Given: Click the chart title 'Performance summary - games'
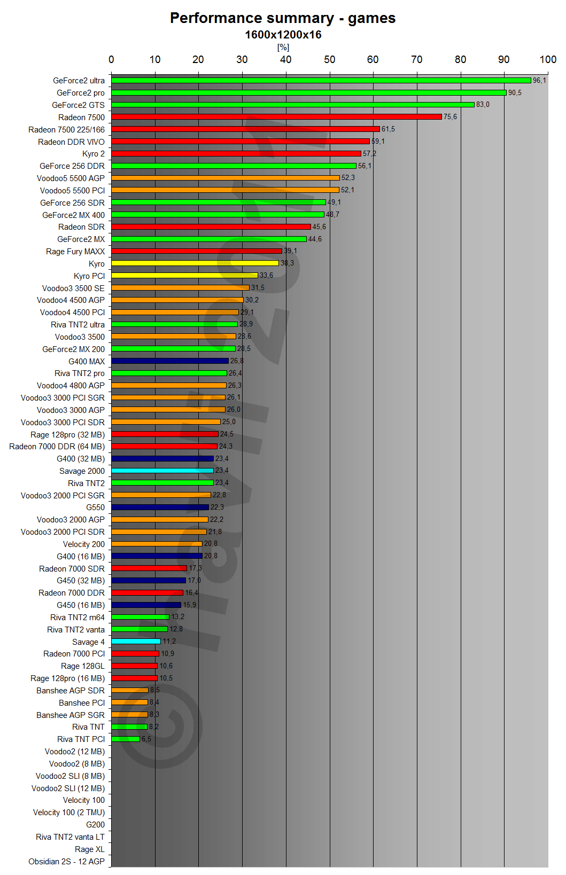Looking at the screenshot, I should point(283,18).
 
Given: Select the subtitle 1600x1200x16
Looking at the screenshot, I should point(283,35).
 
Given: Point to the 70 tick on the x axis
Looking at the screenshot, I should point(417,59).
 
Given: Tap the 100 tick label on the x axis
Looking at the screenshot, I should point(548,59).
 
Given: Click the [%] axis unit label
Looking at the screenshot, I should point(283,48).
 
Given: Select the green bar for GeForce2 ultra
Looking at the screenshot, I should point(321,81).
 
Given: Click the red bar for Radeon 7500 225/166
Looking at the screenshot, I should point(245,129).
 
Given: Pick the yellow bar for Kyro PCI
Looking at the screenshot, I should point(184,276).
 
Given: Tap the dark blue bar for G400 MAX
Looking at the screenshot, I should point(170,361).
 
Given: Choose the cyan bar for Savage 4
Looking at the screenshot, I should point(136,642).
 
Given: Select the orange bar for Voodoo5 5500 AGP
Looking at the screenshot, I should point(225,178).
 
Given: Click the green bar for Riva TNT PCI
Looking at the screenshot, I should point(126,739).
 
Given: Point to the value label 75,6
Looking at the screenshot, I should point(450,117).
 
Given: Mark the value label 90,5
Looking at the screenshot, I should point(515,93).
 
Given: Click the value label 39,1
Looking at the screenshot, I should point(290,251).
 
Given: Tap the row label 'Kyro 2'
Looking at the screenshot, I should point(94,154).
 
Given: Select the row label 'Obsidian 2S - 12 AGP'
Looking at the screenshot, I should point(67,862).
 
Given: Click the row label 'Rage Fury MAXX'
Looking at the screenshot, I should point(75,252).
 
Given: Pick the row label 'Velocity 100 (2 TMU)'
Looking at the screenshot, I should point(69,812).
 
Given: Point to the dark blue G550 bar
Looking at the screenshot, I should point(160,507).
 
